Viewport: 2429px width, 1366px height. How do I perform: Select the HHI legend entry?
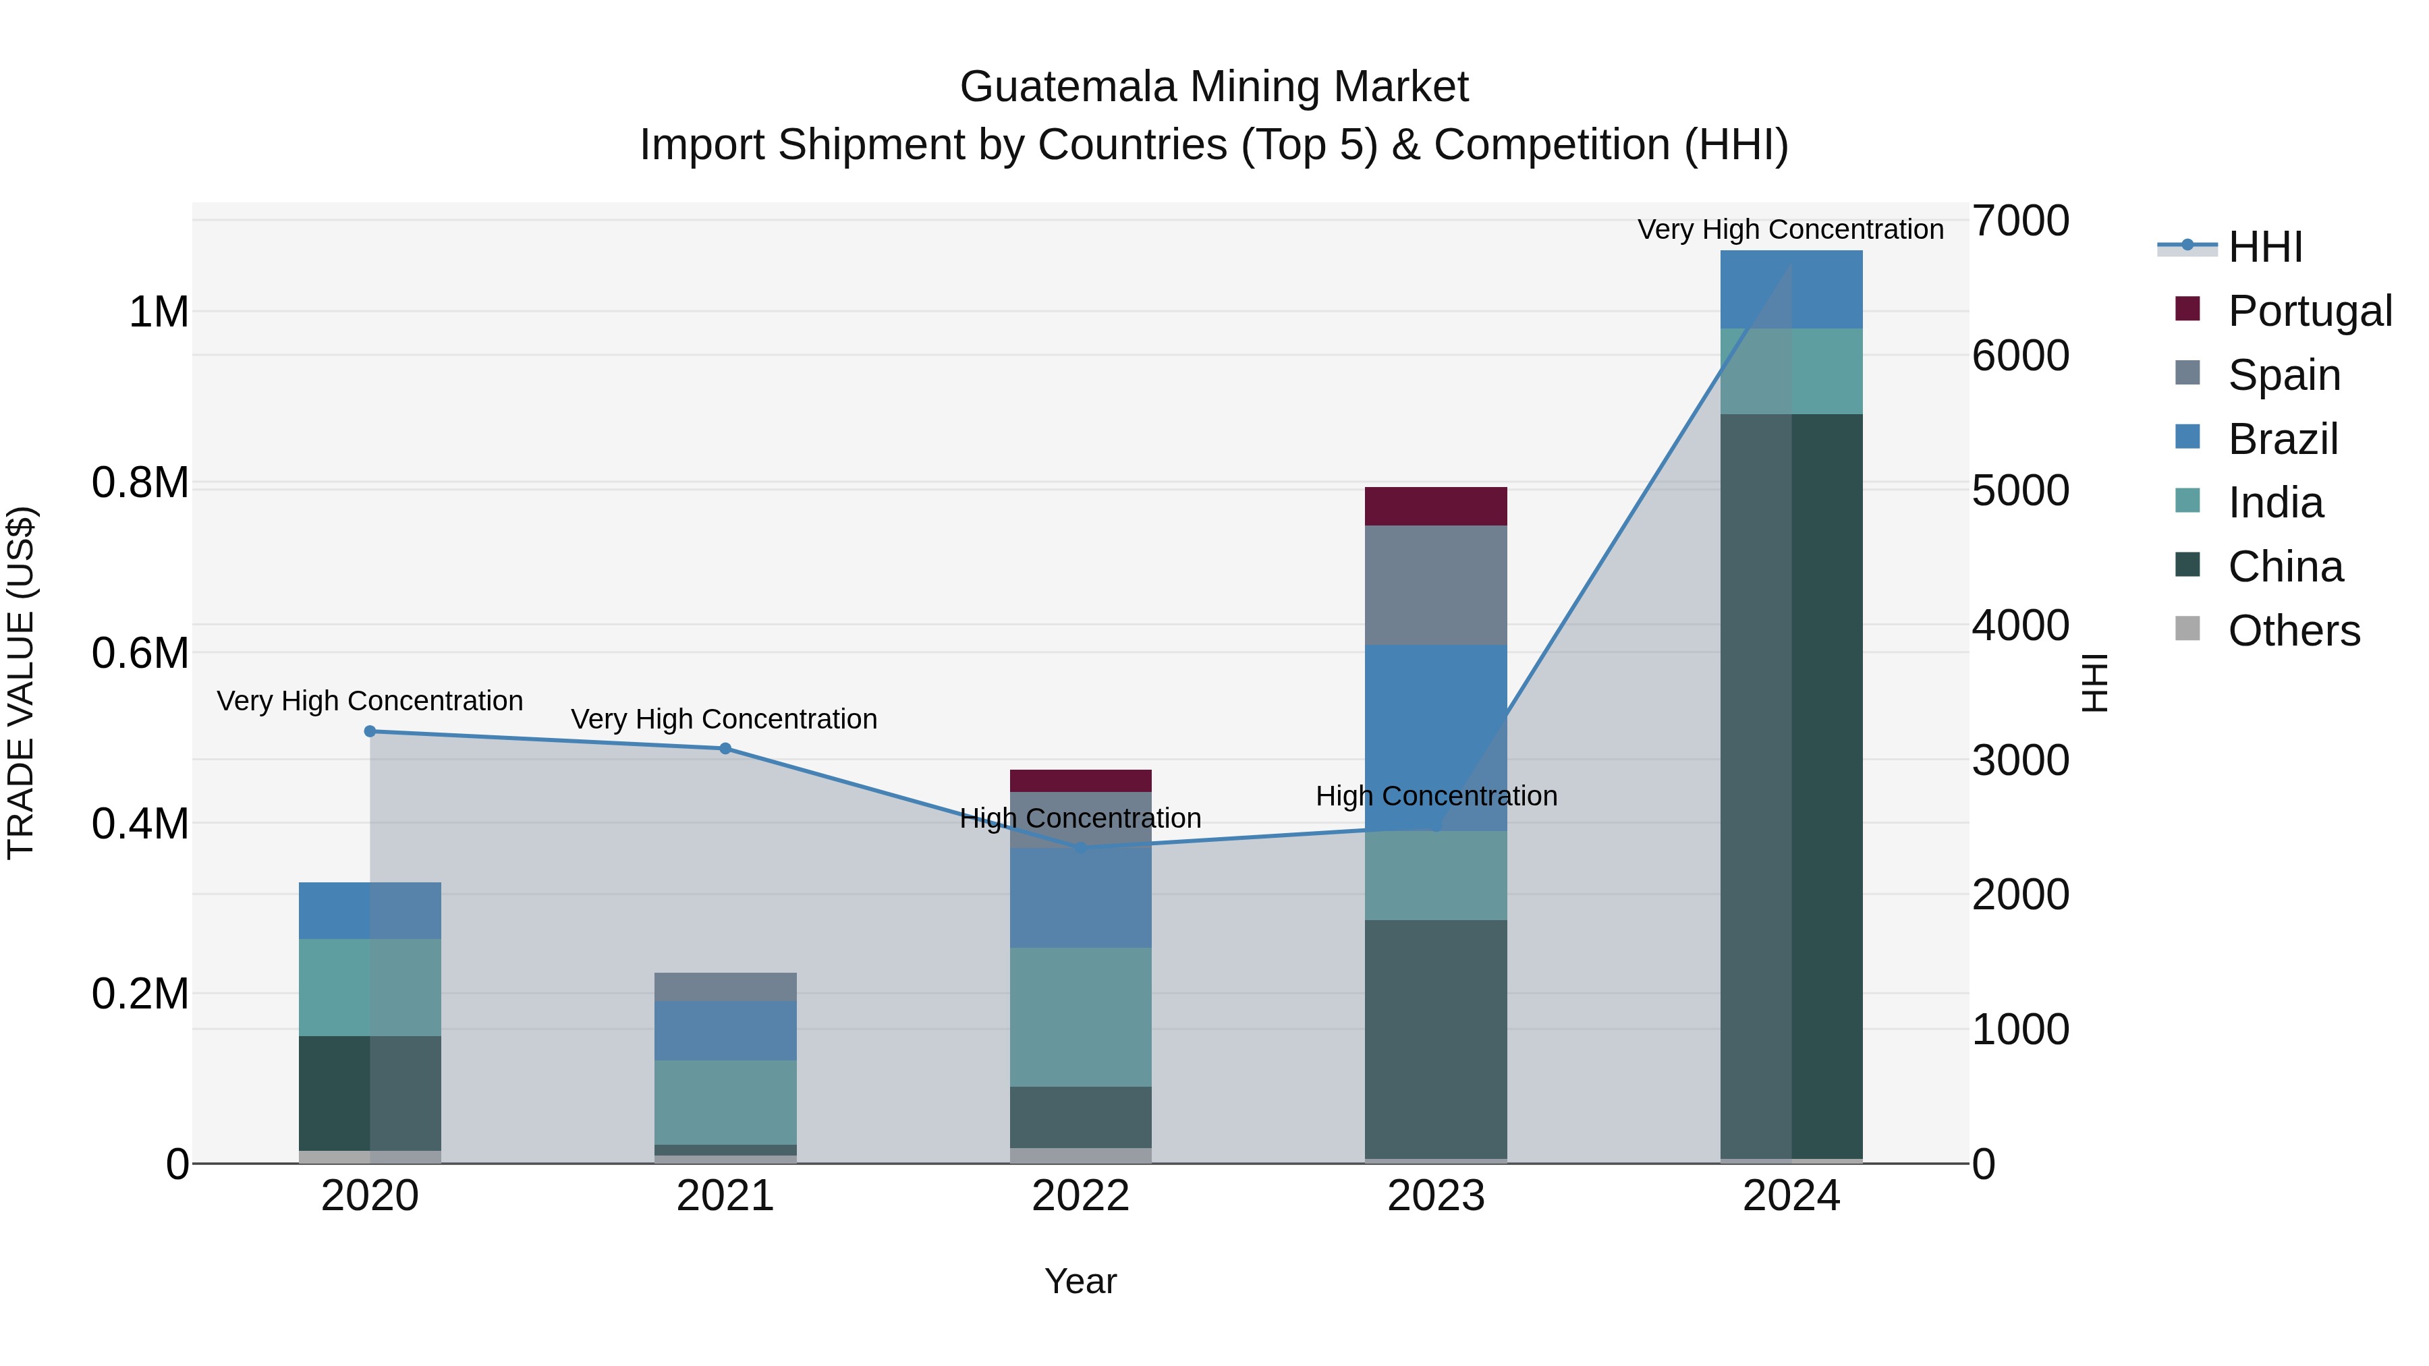tap(2264, 247)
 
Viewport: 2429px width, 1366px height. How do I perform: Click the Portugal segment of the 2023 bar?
tap(1435, 506)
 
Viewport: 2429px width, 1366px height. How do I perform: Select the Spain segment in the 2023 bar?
tap(1435, 584)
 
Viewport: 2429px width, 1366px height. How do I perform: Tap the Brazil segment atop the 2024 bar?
tap(1791, 289)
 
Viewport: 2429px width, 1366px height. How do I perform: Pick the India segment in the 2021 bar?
tap(725, 1101)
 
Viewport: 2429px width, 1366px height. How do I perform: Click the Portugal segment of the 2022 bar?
tap(1081, 780)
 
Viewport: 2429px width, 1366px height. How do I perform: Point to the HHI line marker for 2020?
tap(370, 731)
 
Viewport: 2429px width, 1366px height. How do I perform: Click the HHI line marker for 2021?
tap(725, 749)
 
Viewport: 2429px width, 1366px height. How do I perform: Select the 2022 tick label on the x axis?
tap(1081, 1196)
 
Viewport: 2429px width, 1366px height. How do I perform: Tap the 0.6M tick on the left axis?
tap(140, 652)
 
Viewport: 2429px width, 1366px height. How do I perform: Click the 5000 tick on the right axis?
tap(2019, 490)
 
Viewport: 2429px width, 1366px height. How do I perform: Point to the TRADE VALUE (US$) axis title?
tap(22, 683)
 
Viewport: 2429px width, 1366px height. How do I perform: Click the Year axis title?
tap(1081, 1281)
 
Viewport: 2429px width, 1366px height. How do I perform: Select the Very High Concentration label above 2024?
tap(1789, 229)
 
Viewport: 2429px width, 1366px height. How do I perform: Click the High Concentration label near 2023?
tap(1435, 796)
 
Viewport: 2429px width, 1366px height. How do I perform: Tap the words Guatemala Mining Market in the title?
tap(1214, 87)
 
